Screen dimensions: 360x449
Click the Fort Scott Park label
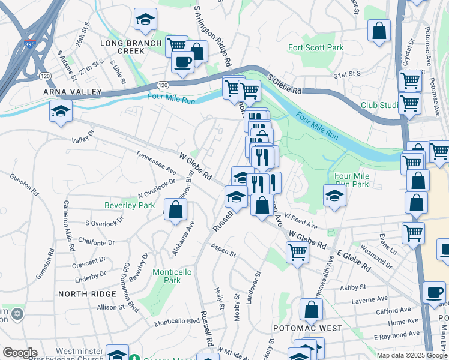[316, 47]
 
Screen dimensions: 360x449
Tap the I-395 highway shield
[29, 44]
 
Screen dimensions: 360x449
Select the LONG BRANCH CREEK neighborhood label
[131, 47]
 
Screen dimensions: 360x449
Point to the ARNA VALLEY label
[67, 91]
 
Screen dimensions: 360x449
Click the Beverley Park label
[130, 205]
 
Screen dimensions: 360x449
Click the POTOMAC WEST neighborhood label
[307, 328]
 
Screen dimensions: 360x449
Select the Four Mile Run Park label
[352, 180]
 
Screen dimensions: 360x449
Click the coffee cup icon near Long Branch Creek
[182, 61]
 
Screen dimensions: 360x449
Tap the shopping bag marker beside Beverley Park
[175, 210]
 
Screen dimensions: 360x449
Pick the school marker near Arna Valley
[60, 112]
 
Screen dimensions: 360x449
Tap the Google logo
[20, 353]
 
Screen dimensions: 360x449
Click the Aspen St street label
[223, 250]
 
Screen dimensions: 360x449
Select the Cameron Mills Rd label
[68, 225]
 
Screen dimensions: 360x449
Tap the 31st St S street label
[347, 74]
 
